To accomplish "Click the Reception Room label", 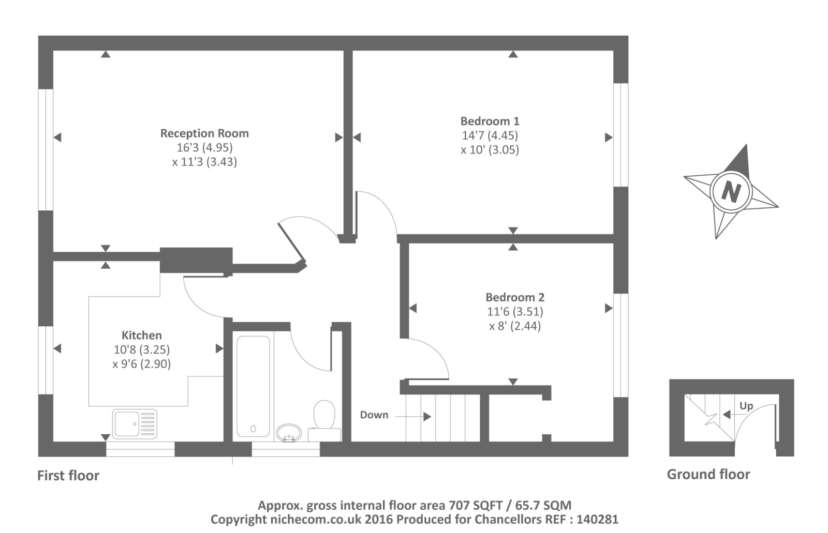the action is click(204, 133).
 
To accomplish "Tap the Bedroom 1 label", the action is click(490, 121).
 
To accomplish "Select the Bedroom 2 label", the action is click(514, 297).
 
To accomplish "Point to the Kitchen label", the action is click(141, 335).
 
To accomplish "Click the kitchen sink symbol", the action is click(135, 423).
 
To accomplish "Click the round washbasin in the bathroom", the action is click(289, 433).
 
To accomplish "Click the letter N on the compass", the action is click(730, 192).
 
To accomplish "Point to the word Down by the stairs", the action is click(374, 415).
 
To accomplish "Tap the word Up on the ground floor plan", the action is click(746, 406).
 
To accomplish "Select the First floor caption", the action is click(68, 475).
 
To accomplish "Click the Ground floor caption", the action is click(708, 474).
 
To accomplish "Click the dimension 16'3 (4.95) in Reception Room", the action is click(204, 148).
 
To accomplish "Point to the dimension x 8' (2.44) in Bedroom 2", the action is click(514, 326).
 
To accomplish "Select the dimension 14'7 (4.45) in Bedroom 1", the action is click(490, 135).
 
